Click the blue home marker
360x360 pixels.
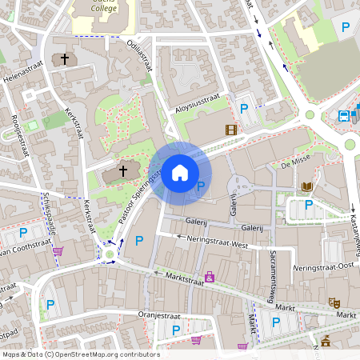tap(180, 172)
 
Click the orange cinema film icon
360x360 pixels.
tap(231, 130)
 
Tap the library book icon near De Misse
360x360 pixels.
tap(307, 187)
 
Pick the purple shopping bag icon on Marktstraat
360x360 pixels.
tap(210, 277)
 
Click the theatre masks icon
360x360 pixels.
tap(334, 302)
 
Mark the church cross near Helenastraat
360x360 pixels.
tap(64, 59)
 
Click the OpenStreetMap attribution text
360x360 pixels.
tap(80, 354)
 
